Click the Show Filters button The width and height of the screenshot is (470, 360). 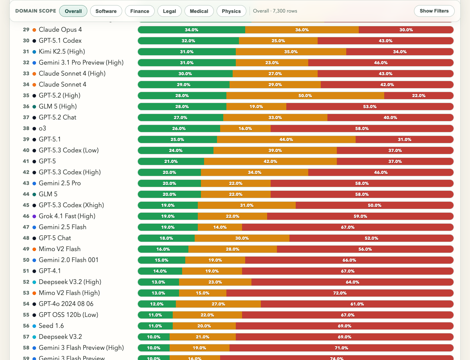point(434,11)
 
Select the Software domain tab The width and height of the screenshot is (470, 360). point(106,11)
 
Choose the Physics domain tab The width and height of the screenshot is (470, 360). point(231,11)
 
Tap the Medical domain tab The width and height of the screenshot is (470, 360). point(199,11)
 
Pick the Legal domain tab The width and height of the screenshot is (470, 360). point(170,11)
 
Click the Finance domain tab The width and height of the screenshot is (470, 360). point(140,11)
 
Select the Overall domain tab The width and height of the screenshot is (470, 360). point(73,11)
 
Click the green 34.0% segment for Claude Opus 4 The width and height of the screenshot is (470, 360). point(192,30)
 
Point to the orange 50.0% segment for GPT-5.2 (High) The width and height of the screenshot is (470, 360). point(305,96)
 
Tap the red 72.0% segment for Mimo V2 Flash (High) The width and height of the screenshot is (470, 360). point(340,293)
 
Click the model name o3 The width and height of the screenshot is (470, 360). point(42,128)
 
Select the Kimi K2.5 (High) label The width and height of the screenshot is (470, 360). point(61,51)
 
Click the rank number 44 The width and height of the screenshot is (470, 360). point(26,194)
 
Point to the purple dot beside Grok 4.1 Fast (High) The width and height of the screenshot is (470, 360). point(34,216)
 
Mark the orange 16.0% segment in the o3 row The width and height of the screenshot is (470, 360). point(245,128)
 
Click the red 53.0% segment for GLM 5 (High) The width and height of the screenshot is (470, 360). point(370,107)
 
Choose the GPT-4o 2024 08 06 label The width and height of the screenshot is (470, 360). point(66,304)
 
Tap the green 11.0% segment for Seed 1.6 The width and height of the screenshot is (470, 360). point(155,326)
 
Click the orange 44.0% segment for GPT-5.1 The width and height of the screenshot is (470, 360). point(286,139)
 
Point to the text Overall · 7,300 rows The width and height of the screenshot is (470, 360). point(275,11)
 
